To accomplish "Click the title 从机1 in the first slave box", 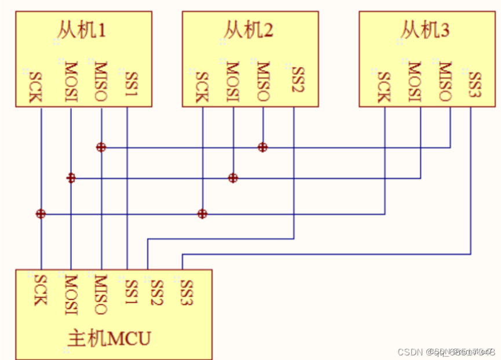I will (81, 29).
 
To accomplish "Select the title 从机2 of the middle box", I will (248, 29).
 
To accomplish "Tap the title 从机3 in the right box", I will (425, 29).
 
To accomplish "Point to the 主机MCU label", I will (110, 338).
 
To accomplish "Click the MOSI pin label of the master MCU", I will (71, 293).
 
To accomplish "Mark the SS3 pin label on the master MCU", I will (187, 292).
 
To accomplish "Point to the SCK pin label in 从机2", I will (201, 86).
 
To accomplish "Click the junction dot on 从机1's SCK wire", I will (41, 214).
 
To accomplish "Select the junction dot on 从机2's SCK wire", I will (202, 214).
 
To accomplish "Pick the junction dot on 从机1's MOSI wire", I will (71, 178).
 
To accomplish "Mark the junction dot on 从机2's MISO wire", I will (262, 147).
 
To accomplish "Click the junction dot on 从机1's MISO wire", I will (101, 147).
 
